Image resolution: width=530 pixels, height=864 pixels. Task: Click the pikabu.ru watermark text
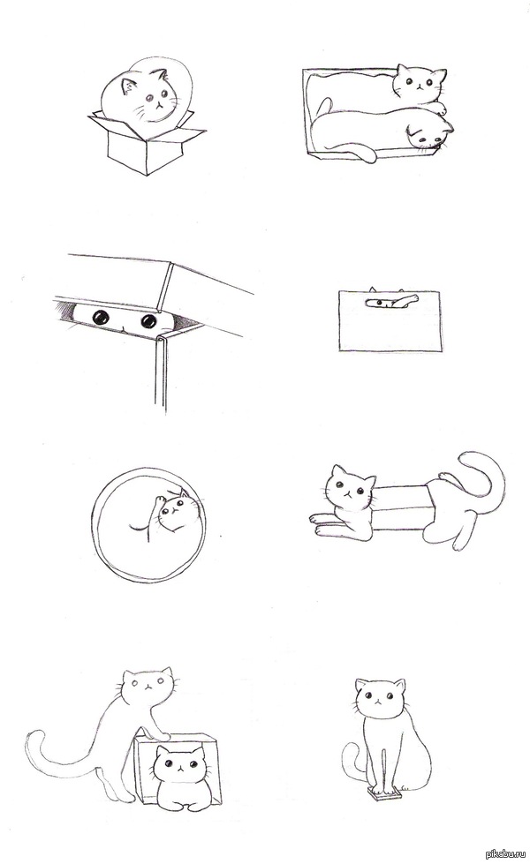click(503, 854)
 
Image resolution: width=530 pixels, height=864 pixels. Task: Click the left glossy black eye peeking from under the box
click(101, 318)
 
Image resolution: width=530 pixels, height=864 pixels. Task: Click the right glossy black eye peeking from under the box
click(148, 320)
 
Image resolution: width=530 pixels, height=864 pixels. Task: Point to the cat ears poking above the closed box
click(387, 289)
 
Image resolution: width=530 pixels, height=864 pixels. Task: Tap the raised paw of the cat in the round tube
click(159, 501)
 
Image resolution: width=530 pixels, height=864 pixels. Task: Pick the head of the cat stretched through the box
click(349, 487)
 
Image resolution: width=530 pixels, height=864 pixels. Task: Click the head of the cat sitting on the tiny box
click(381, 699)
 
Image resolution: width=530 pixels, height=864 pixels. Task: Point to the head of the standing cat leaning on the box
click(148, 687)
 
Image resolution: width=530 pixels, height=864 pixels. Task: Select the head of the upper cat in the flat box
click(420, 83)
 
